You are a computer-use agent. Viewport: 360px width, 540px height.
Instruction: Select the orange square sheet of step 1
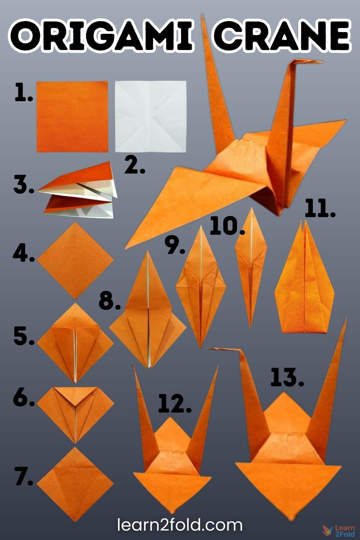pyautogui.click(x=72, y=116)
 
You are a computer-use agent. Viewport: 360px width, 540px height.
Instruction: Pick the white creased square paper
pyautogui.click(x=150, y=116)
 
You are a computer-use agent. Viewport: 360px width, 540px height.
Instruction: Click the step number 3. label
pyautogui.click(x=24, y=185)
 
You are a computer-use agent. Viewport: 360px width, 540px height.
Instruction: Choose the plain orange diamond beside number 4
pyautogui.click(x=75, y=260)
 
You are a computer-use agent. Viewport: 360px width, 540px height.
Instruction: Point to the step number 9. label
pyautogui.click(x=175, y=246)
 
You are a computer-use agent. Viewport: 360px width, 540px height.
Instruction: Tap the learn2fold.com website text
pyautogui.click(x=180, y=525)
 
